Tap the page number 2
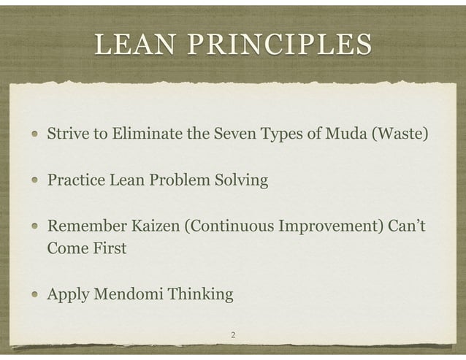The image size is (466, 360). click(x=232, y=335)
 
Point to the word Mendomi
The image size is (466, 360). click(x=128, y=295)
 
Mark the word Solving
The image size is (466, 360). click(x=241, y=180)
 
